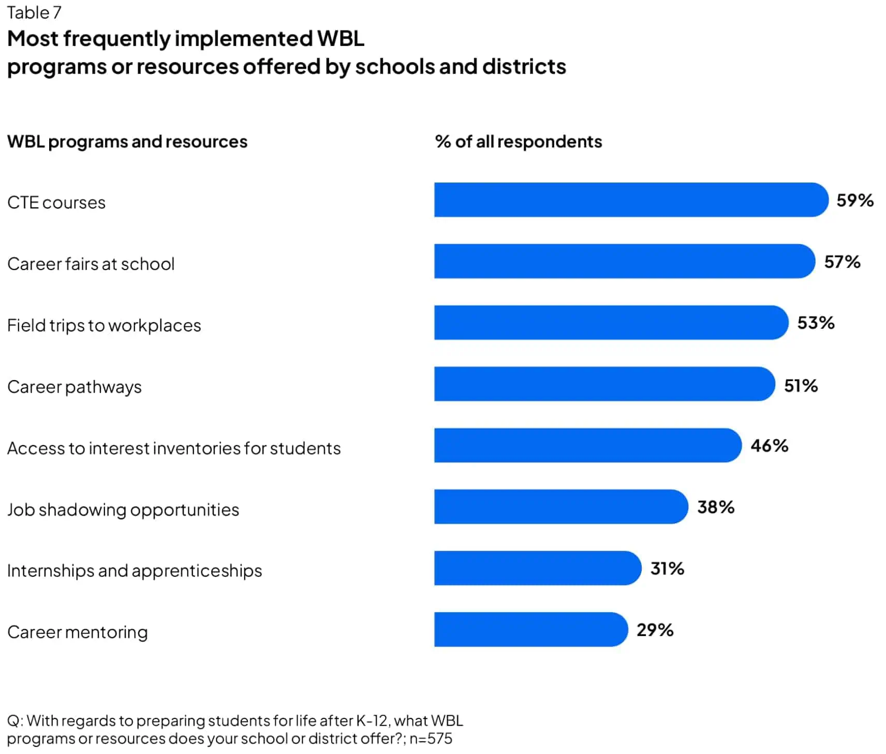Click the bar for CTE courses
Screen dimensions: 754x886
631,200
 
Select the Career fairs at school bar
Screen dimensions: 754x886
624,261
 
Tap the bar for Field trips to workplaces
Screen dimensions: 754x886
611,323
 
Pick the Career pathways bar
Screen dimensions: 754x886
604,384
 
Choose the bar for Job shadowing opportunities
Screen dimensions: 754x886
560,507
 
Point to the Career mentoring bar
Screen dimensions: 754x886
530,629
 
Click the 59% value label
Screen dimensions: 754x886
855,200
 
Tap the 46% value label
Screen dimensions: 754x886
769,446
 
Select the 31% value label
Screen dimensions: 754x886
667,568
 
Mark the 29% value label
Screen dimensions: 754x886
655,630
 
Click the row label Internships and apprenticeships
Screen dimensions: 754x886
135,570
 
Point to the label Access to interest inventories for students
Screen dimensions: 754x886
174,448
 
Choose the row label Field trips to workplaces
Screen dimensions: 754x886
104,325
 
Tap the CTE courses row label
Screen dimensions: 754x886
56,202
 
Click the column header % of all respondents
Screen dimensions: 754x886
519,142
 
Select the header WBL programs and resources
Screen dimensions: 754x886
127,142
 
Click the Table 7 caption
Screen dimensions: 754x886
34,12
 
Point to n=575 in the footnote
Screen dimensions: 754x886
431,738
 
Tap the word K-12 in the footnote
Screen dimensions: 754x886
372,720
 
